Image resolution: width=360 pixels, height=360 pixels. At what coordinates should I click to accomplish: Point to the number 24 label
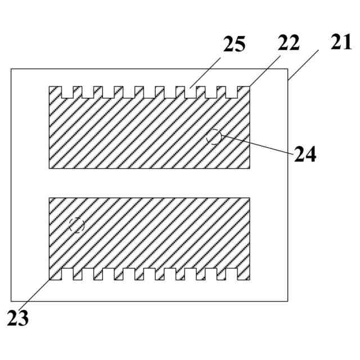305,153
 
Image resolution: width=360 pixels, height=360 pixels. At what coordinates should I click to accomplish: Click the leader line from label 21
304,65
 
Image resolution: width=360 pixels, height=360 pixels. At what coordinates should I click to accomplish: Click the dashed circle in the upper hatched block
214,136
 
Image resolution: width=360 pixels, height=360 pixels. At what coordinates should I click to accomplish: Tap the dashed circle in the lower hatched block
76,226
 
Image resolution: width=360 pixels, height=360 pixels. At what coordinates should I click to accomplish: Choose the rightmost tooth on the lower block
244,274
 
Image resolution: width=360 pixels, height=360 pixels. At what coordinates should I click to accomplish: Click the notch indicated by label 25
191,91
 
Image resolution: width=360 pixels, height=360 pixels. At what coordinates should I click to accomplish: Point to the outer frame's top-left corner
12,69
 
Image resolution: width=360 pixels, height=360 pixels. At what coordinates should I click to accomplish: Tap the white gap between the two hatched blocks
150,183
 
